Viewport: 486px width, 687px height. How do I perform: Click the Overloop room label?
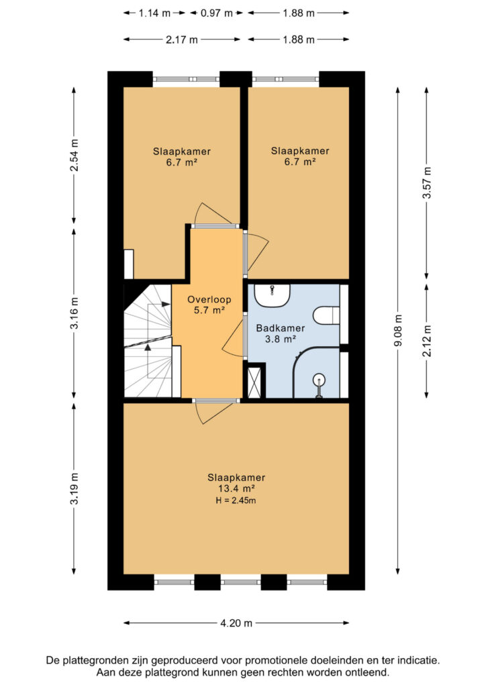point(209,300)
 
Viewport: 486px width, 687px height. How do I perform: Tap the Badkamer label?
point(281,327)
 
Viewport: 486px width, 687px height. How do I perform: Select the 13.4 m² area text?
point(236,489)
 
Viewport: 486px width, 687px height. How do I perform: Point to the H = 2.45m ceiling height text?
point(236,500)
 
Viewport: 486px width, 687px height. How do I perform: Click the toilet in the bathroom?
point(326,315)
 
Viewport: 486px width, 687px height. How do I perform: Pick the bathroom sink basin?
point(273,295)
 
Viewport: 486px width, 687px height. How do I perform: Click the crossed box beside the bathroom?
point(254,381)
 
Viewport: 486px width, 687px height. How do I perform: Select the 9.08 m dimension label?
point(398,331)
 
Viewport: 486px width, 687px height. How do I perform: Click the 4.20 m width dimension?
point(236,623)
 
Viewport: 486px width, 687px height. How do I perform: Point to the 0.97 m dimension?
point(217,13)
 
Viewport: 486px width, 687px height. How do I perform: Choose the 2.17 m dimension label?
point(182,40)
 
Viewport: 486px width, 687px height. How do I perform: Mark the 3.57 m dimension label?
point(427,182)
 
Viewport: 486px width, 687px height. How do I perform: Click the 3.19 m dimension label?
point(75,488)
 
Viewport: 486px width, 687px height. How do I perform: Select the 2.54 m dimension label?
point(75,155)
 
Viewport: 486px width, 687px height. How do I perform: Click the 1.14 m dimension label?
point(154,13)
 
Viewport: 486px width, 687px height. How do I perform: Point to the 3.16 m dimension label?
point(75,313)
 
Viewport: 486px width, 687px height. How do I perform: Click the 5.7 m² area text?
point(209,311)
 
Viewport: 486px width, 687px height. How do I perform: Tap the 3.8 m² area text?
point(281,339)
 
